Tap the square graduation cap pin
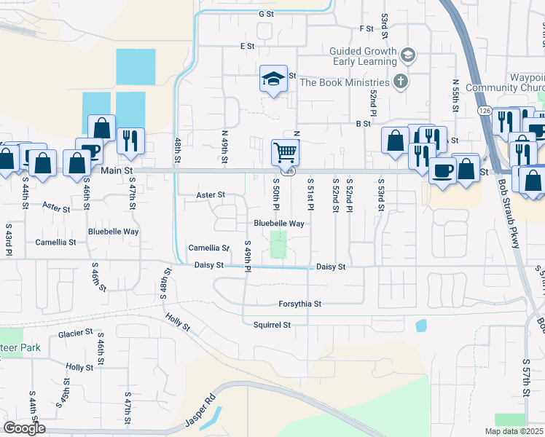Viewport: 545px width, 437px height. (272, 79)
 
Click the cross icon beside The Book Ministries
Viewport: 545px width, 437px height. (400, 82)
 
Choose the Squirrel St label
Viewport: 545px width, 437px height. (272, 325)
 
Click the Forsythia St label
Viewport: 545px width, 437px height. (299, 304)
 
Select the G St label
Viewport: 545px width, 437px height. (265, 13)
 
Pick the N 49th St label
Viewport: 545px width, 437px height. (224, 146)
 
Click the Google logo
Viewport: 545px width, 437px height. (24, 428)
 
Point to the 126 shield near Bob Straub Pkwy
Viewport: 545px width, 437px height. (485, 110)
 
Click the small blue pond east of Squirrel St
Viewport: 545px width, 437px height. (420, 326)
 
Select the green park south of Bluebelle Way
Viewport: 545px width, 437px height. (278, 244)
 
